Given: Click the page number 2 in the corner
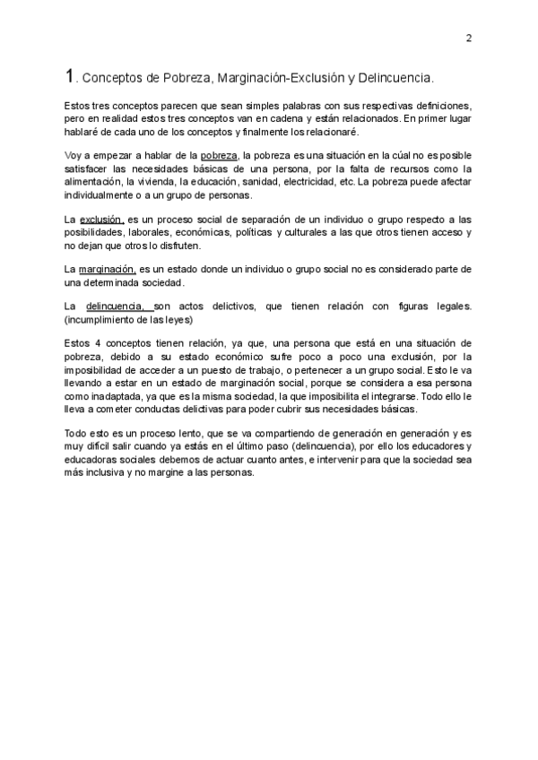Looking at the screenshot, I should pos(469,39).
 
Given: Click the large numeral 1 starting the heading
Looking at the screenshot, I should pos(71,76).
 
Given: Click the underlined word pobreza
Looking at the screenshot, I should pos(220,155).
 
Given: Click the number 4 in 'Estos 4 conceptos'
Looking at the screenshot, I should pos(98,344).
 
